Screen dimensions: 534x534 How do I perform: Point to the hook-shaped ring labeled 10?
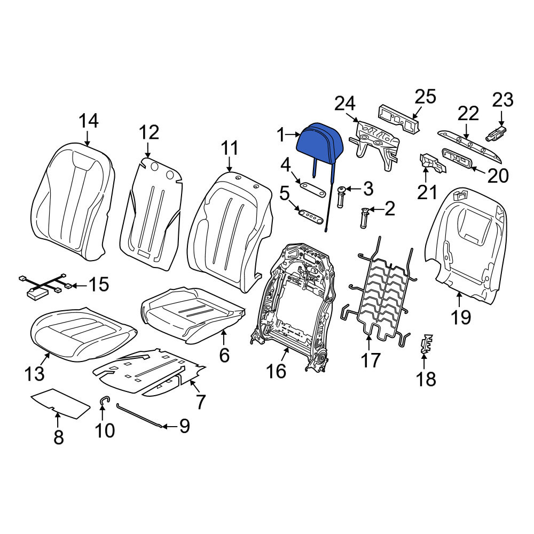tap(103, 400)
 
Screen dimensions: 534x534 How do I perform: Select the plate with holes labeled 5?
tap(310, 217)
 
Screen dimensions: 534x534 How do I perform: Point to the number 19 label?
tap(461, 317)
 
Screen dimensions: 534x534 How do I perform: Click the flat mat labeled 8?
tap(61, 403)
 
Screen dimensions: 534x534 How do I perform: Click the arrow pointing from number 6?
tap(223, 339)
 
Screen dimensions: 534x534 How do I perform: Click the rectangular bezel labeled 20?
tap(459, 159)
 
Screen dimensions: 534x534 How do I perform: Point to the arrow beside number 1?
tap(292, 135)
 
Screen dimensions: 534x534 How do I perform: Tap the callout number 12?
tap(149, 132)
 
